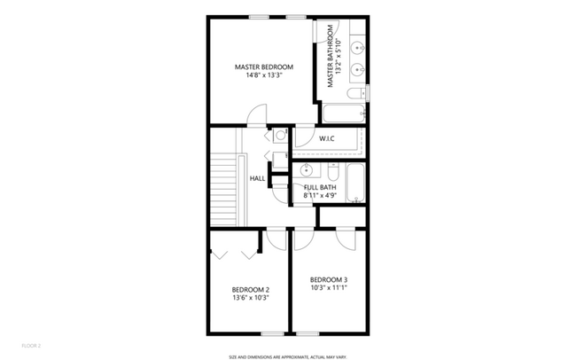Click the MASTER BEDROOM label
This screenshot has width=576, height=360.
263,67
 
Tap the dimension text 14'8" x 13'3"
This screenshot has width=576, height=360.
263,75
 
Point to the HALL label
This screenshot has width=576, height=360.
257,178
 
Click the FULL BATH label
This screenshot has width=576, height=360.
318,187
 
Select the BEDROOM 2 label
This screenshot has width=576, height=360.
250,289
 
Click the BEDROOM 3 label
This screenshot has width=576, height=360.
329,279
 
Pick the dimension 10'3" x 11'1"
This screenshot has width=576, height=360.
329,287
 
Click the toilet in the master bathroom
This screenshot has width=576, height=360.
354,94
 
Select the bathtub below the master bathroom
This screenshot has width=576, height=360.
344,113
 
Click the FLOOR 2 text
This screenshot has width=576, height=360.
31,345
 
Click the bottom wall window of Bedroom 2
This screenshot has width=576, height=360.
273,334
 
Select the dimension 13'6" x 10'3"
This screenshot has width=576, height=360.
250,298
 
